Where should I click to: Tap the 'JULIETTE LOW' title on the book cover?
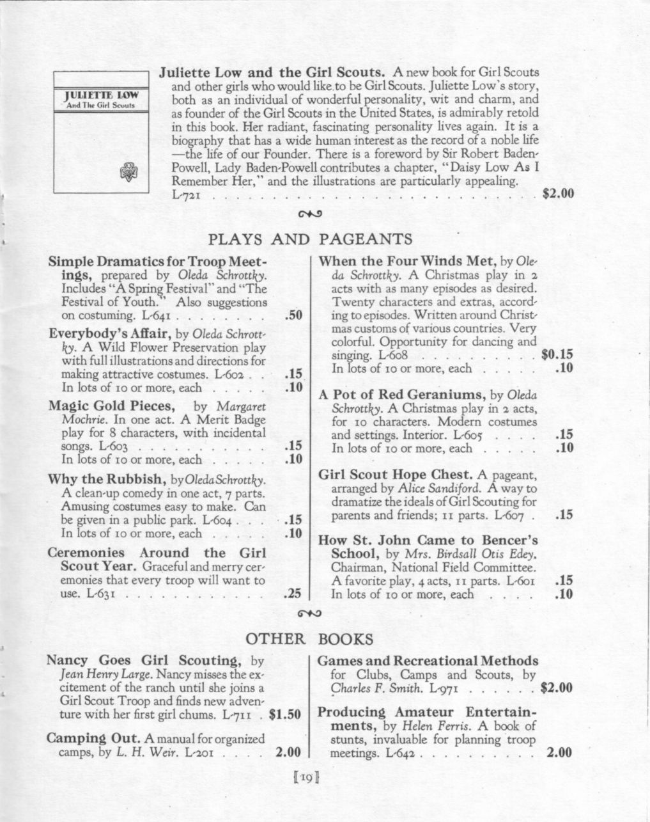[x=102, y=97]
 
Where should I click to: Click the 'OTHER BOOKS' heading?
[x=309, y=639]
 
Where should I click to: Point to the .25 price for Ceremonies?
[x=292, y=594]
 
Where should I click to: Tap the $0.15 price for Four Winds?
[x=557, y=354]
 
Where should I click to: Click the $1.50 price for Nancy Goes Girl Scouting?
[x=285, y=715]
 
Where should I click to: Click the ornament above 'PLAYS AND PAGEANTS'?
[x=309, y=214]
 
